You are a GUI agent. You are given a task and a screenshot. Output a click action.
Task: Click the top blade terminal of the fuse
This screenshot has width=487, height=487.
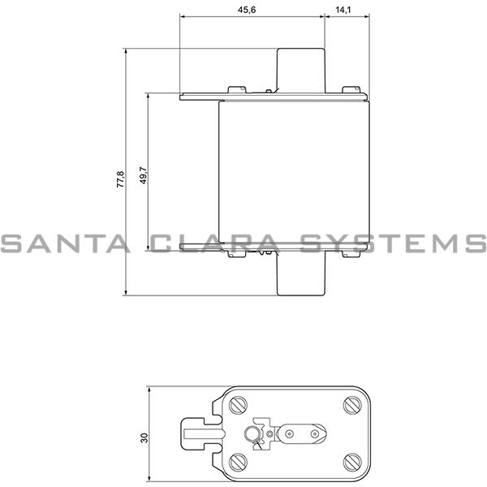tap(301, 69)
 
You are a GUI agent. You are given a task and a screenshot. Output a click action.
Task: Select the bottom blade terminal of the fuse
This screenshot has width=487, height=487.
tap(301, 274)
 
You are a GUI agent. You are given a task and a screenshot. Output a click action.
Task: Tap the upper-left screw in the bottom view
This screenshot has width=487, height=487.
tap(238, 404)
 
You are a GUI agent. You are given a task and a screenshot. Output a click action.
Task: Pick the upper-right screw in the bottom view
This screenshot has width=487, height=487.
tap(351, 404)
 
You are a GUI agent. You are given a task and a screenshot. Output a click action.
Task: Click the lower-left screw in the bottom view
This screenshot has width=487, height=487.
tap(238, 463)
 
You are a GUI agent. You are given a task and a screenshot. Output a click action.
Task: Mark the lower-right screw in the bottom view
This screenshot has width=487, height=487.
tap(351, 463)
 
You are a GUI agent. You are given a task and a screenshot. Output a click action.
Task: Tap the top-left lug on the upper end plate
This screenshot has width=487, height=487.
tap(237, 90)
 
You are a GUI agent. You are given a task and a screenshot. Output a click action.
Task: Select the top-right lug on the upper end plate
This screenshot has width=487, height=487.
tap(350, 90)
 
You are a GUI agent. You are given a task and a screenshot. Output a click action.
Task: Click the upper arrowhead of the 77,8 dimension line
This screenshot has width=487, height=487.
tap(127, 51)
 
